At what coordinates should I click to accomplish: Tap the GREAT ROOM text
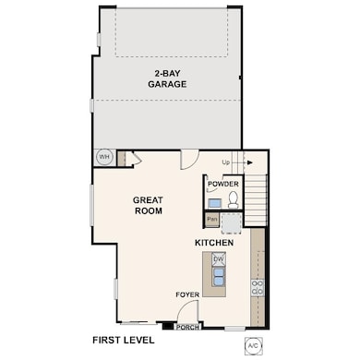(148, 205)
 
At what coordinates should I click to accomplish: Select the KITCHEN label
(213, 242)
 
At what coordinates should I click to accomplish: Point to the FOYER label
(187, 294)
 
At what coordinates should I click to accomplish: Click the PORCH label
(187, 326)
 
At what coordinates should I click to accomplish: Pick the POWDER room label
(222, 184)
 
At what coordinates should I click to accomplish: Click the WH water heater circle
(103, 157)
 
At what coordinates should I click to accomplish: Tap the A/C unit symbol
(252, 345)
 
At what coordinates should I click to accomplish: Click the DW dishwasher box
(219, 259)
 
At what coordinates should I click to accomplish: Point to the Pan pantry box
(212, 220)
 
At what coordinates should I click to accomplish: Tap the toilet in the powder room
(233, 199)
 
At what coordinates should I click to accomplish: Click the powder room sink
(214, 202)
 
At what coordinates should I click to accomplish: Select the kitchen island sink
(219, 274)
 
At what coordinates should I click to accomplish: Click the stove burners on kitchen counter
(258, 287)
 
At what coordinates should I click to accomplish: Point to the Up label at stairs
(226, 162)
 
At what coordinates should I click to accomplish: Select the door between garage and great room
(189, 159)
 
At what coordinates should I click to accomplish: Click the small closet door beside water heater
(131, 160)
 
